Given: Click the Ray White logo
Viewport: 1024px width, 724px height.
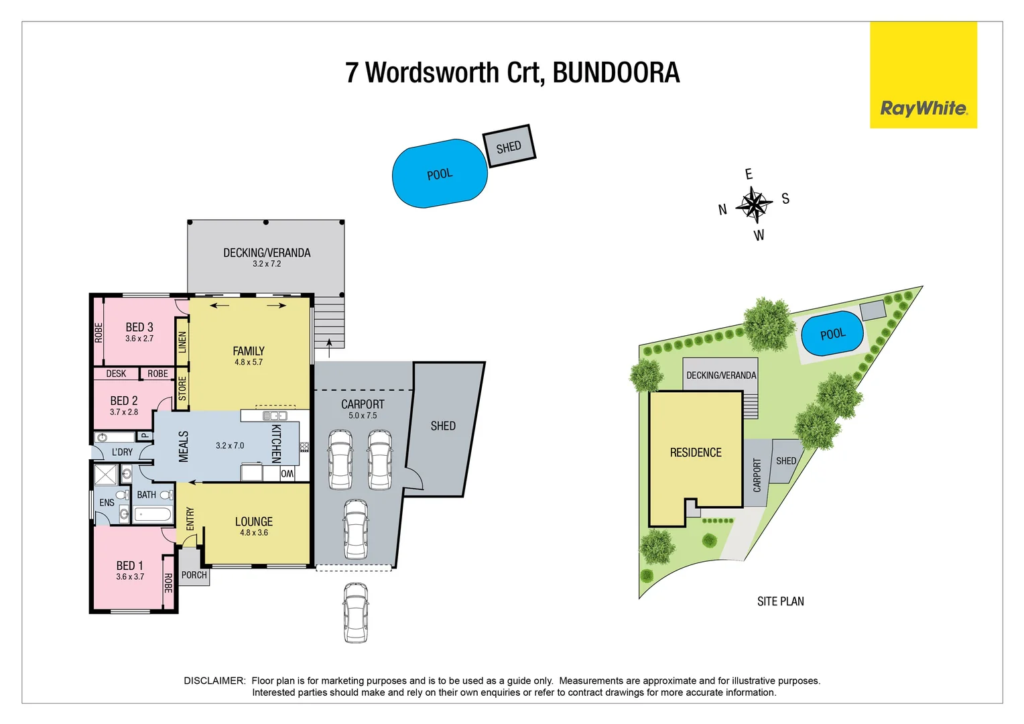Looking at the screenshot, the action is (923, 108).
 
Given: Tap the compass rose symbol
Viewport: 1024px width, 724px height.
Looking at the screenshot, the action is (754, 204).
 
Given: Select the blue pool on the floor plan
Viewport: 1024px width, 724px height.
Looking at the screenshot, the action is (440, 174).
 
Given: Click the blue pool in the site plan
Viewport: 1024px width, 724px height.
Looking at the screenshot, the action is (832, 334).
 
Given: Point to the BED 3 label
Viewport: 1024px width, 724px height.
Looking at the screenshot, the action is (139, 327).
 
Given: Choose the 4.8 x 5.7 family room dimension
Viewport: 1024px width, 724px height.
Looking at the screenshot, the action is (249, 363).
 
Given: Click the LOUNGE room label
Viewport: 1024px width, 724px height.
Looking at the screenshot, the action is (253, 522).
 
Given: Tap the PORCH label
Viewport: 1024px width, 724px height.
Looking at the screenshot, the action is (194, 575).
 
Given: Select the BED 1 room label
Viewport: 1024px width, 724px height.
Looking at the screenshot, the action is (129, 566).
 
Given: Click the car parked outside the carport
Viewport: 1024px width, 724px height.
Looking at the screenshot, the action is (355, 613).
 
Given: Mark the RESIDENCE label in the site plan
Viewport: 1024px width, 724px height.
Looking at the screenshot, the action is (696, 452).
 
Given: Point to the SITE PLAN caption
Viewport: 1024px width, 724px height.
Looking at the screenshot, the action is (780, 601).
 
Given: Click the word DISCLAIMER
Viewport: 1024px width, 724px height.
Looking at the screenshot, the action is (214, 681).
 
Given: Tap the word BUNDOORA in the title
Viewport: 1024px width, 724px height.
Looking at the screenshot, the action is (616, 73).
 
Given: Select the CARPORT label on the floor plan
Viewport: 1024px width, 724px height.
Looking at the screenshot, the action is (363, 404).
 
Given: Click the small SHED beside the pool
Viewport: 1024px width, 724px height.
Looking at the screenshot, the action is (509, 147).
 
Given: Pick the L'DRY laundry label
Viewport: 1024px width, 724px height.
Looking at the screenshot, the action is (122, 452).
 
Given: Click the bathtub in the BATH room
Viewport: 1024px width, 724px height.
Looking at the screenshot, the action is (153, 515).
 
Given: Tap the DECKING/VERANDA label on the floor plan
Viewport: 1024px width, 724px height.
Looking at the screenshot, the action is (267, 253).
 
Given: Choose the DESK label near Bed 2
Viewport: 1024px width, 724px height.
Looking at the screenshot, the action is (116, 374).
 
